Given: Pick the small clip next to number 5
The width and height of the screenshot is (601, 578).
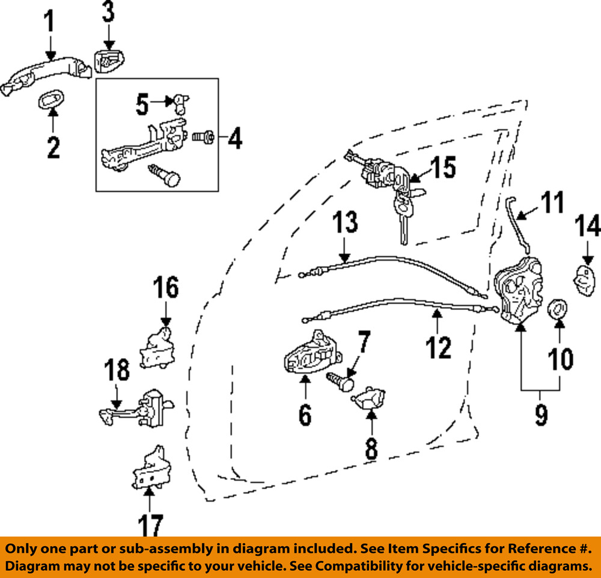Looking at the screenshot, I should pos(180,103).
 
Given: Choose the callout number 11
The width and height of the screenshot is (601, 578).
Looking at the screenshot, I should pos(551,202).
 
